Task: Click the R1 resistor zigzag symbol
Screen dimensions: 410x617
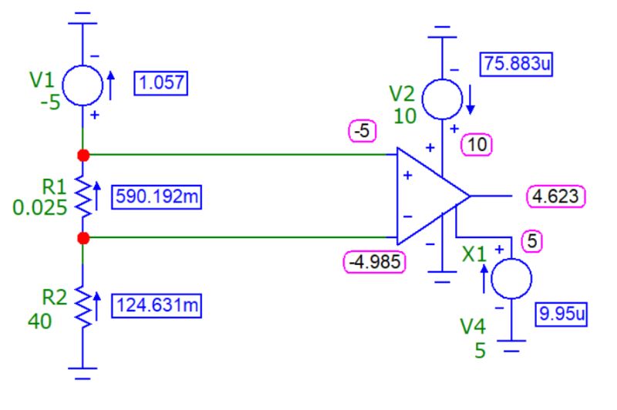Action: (x=83, y=197)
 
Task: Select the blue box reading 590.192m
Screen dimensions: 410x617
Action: (x=157, y=197)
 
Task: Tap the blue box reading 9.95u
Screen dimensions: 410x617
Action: (x=561, y=314)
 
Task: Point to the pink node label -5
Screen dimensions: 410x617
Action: (x=361, y=132)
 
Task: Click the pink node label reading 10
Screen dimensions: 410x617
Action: (x=476, y=143)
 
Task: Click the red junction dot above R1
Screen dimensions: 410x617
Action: (x=83, y=156)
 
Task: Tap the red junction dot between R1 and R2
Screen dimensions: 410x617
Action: (x=83, y=238)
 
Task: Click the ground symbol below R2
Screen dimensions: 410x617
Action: (x=83, y=375)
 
